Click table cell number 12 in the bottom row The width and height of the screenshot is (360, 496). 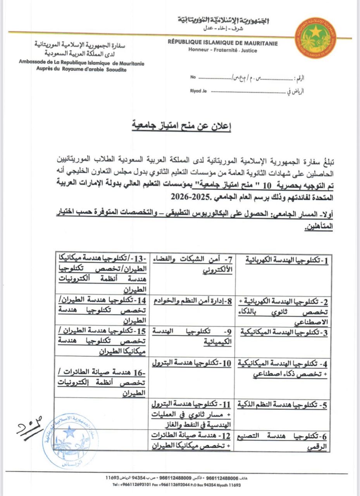[192, 440]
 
